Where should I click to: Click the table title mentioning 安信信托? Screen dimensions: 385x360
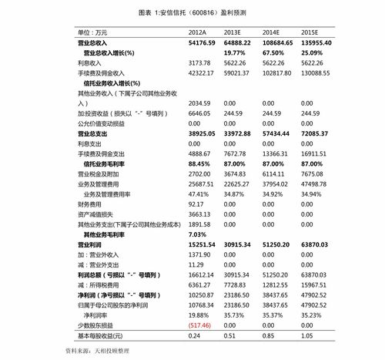point(192,14)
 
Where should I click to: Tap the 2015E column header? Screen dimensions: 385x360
point(312,32)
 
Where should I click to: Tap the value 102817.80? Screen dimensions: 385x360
point(277,72)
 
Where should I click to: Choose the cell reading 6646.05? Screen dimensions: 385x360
point(199,113)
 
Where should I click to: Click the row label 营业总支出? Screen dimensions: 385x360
point(94,133)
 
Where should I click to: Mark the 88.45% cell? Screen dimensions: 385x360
point(199,163)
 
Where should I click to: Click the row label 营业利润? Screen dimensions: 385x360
point(92,244)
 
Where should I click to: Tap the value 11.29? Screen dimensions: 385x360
point(196,264)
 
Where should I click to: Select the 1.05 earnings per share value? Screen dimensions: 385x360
point(309,335)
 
